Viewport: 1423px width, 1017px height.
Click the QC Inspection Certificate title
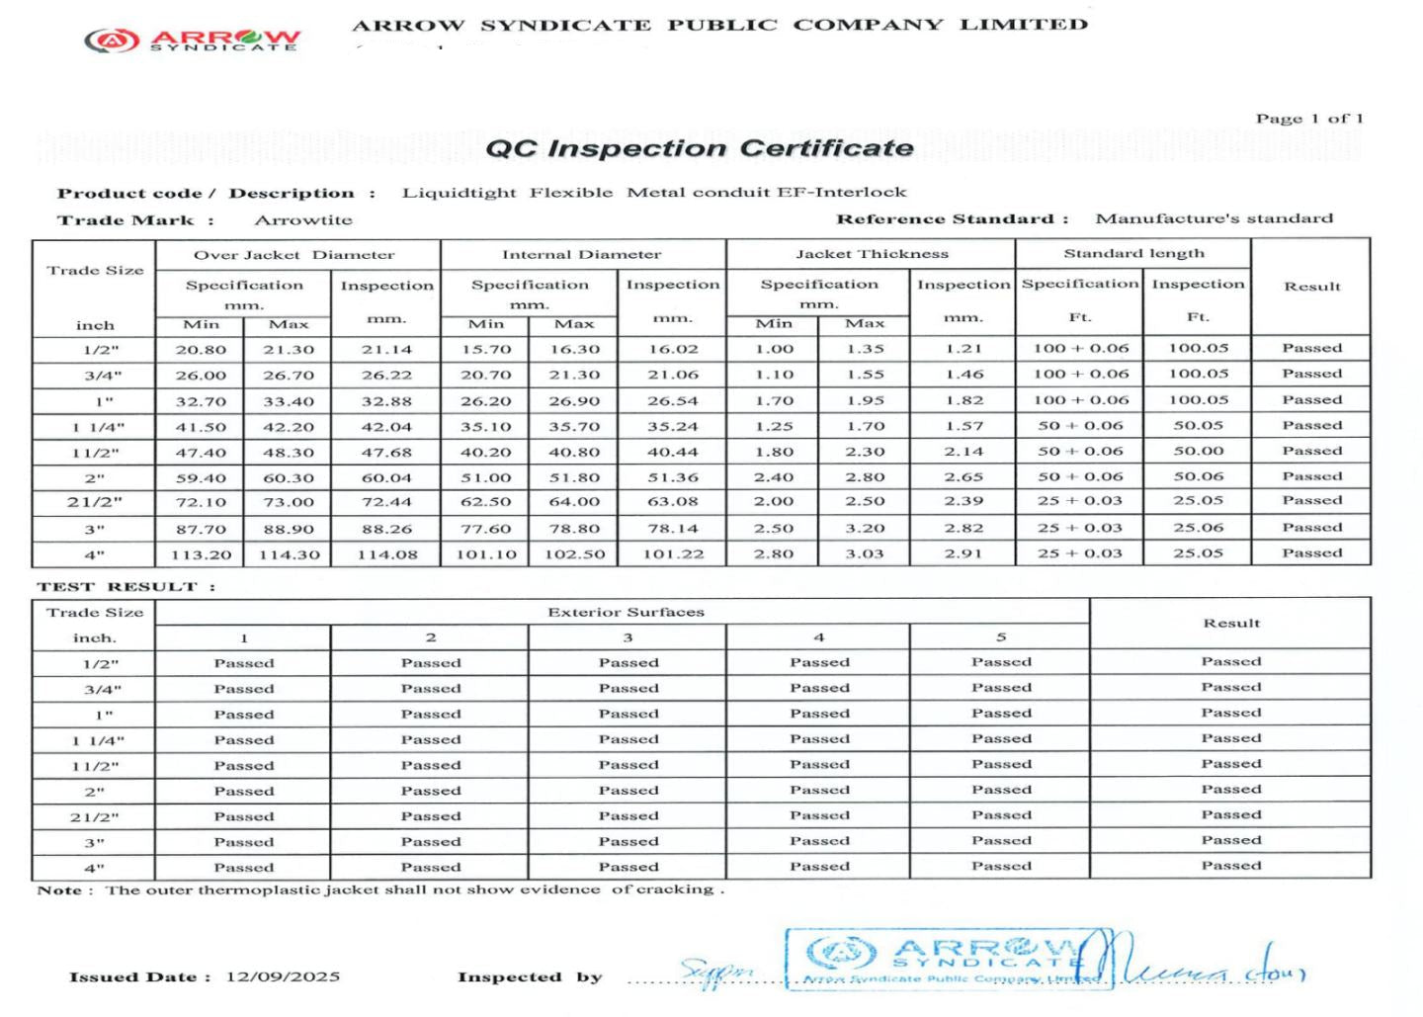coord(699,148)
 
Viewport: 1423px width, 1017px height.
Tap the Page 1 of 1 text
coord(1308,119)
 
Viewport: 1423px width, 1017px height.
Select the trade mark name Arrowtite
coord(303,220)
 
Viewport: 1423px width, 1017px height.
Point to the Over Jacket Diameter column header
coord(293,255)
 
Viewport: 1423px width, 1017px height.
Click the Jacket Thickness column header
coord(872,254)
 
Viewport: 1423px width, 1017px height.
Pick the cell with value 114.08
coord(387,554)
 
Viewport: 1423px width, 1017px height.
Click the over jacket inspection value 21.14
coord(386,349)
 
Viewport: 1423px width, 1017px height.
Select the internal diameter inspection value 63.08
coord(672,502)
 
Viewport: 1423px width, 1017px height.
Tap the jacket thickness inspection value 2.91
coord(963,553)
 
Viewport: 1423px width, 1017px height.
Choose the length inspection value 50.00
coord(1198,451)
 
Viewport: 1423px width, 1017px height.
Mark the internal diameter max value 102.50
coord(574,554)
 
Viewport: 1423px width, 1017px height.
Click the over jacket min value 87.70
coord(201,529)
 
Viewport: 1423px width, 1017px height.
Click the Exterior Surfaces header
coord(626,613)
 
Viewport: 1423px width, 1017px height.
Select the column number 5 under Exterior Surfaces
coord(1001,637)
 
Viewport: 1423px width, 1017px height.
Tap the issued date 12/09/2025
coord(283,976)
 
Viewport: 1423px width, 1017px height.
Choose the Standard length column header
coord(1133,254)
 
